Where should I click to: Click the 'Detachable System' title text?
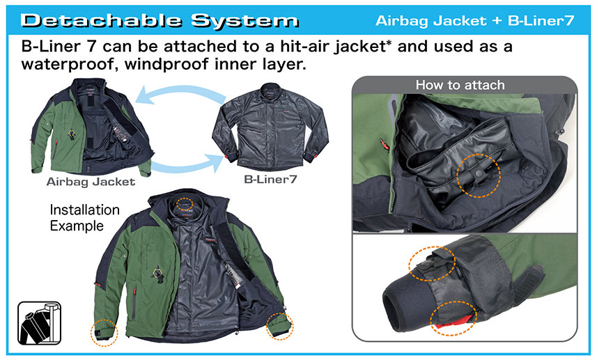(160, 21)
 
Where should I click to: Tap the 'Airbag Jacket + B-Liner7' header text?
(474, 21)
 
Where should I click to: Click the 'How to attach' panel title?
(460, 84)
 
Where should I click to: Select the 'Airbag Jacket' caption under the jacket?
(91, 182)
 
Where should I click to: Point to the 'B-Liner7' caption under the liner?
(270, 179)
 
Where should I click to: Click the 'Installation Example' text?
(84, 218)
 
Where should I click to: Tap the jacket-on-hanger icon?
(39, 323)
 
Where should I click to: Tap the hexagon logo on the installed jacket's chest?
(157, 273)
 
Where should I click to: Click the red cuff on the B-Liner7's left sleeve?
(227, 157)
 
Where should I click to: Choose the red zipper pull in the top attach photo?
(383, 145)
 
